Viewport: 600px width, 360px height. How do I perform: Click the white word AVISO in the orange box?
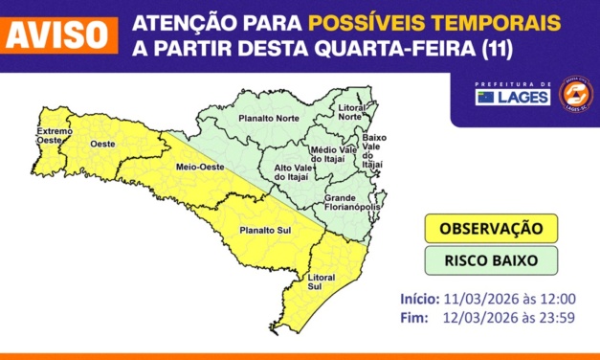(58, 34)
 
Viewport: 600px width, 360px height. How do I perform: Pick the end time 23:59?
(557, 318)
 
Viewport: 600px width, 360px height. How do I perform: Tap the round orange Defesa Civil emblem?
(576, 94)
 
